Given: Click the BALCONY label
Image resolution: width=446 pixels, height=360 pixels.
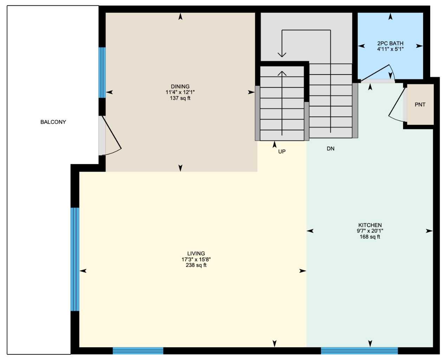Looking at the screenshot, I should (x=53, y=122).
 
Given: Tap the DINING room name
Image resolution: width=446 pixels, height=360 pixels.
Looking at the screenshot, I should (x=180, y=86).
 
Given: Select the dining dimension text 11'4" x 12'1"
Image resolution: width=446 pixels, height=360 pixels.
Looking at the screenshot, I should (x=180, y=92).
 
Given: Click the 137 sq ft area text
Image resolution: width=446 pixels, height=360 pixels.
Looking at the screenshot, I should (x=180, y=98).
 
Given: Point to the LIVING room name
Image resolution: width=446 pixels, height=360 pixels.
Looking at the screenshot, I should (x=196, y=253).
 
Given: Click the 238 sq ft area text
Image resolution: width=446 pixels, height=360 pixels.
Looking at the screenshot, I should (x=196, y=265).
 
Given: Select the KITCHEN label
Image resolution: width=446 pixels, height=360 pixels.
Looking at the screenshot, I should (x=370, y=225).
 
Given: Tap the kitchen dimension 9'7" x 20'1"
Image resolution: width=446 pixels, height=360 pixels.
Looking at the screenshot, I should (x=370, y=231).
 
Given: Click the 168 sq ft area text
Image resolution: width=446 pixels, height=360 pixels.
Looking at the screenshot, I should (x=370, y=237).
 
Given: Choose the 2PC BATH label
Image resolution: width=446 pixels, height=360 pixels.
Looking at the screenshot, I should (x=390, y=43).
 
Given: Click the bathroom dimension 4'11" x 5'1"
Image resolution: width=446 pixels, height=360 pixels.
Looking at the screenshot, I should (x=390, y=49).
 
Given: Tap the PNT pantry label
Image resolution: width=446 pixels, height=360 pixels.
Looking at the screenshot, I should (x=420, y=105).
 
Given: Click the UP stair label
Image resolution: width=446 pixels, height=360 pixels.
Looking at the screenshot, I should (x=282, y=152).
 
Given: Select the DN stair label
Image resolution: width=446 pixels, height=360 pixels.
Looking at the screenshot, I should (x=330, y=149).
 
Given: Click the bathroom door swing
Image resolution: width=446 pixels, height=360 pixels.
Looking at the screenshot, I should (x=378, y=74).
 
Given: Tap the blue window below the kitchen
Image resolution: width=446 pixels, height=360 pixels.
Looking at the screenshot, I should (x=359, y=351).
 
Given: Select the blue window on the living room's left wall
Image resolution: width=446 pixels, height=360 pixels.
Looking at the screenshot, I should (x=75, y=259).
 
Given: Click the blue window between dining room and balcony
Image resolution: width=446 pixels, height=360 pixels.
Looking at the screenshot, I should (x=102, y=72).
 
